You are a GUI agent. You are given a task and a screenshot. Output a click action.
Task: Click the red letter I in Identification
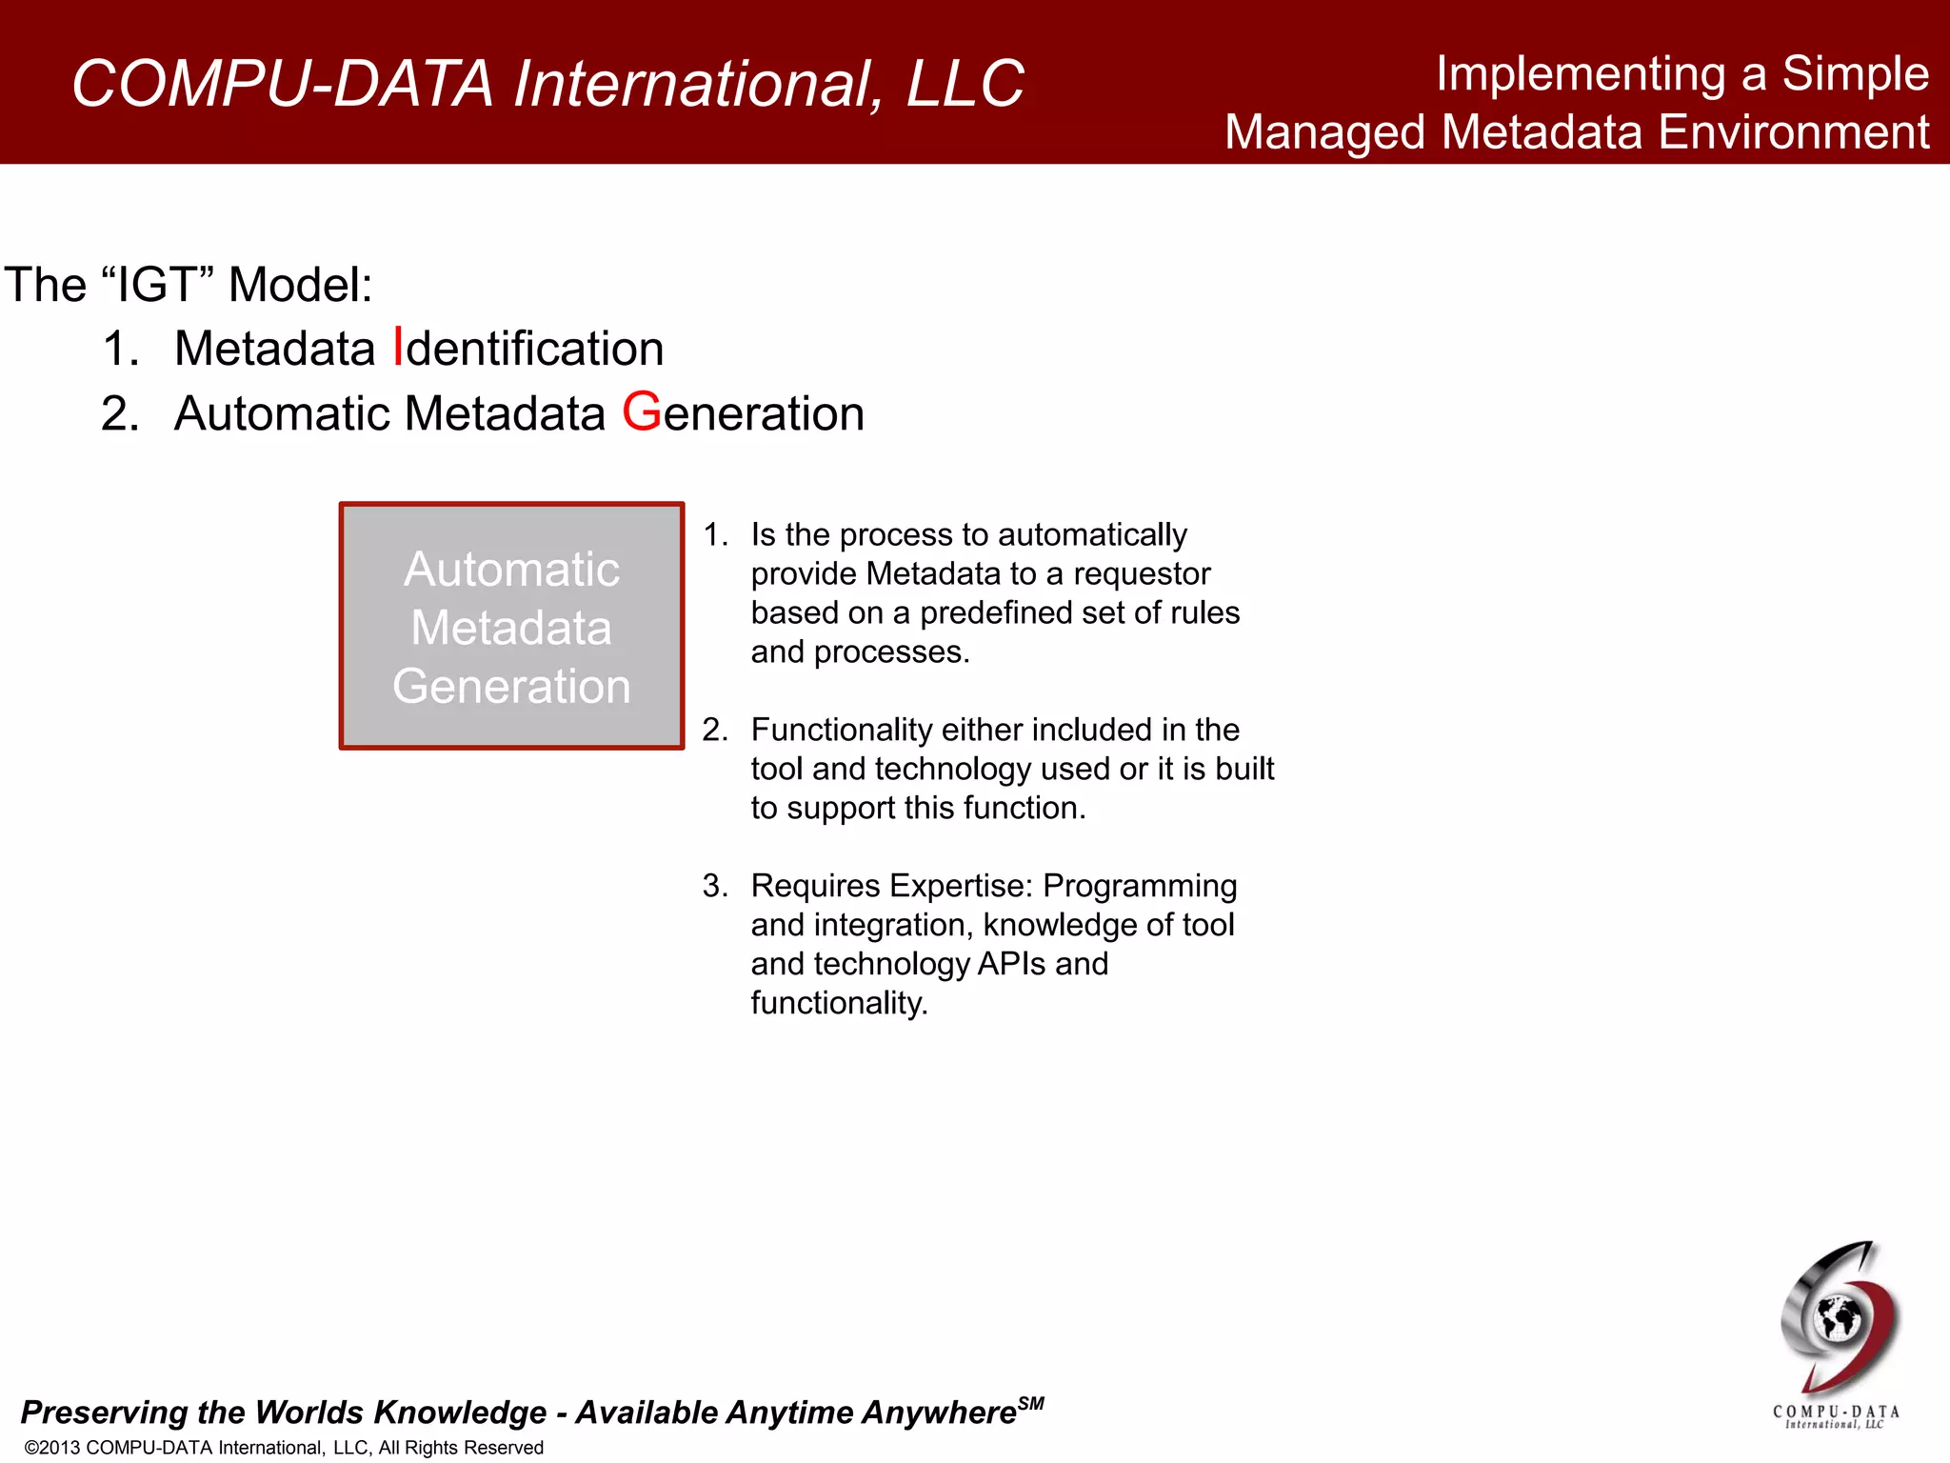coord(399,348)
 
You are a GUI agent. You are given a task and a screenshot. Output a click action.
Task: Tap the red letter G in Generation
coord(642,412)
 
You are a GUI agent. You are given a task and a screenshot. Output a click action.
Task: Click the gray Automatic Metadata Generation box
coord(511,626)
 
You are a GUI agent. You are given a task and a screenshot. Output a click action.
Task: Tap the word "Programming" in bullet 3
coord(1140,886)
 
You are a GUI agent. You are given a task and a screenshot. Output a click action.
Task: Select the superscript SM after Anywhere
coord(1031,1403)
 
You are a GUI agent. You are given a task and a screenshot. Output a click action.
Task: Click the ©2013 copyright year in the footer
coord(52,1448)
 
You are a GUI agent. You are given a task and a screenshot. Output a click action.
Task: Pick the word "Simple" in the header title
coord(1855,73)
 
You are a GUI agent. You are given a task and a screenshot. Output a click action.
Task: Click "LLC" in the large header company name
coord(965,84)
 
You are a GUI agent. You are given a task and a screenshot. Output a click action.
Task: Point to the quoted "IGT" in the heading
coord(162,285)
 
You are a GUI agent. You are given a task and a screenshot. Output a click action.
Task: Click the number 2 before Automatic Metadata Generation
coord(119,413)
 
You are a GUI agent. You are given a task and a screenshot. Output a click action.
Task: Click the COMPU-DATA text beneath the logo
coord(1836,1412)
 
